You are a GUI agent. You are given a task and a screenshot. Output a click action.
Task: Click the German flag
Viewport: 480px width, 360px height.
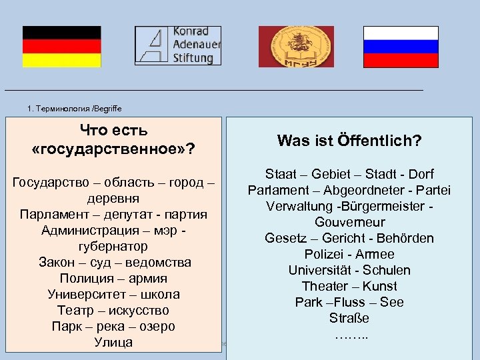61,47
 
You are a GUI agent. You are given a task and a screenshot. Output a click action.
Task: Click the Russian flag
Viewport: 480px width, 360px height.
401,47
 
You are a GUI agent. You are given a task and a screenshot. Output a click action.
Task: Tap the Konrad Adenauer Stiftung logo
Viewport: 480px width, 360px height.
178,45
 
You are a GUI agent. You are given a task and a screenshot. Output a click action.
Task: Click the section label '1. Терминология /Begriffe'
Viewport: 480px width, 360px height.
75,109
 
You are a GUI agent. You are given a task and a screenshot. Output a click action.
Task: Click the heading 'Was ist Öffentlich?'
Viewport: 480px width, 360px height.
349,141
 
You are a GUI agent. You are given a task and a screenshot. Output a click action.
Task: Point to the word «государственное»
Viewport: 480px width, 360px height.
113,147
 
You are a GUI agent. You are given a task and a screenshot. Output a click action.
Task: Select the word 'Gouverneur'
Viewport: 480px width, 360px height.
349,222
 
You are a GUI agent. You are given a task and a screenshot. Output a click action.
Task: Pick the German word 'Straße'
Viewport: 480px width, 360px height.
349,318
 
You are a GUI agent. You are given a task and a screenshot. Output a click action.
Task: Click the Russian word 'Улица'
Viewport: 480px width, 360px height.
113,343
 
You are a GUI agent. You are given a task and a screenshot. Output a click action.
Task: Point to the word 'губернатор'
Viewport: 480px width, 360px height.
113,247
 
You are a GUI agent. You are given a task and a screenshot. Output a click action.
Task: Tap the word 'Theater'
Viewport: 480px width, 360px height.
325,286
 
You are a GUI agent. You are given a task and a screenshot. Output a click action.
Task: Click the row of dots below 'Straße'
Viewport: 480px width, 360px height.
349,333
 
